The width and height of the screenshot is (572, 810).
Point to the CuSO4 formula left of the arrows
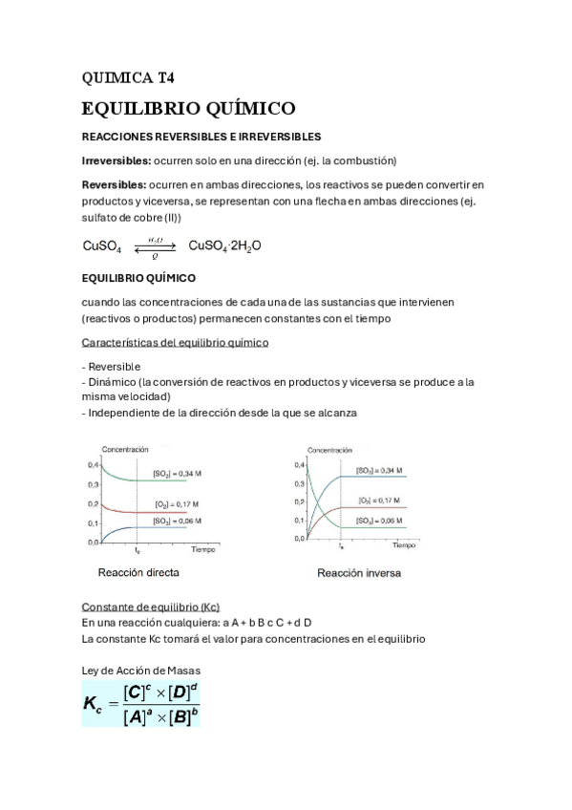point(102,246)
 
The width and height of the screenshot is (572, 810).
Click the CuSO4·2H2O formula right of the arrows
point(225,245)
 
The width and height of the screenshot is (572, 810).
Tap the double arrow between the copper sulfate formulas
point(155,246)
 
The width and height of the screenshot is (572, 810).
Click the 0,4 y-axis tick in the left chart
point(93,464)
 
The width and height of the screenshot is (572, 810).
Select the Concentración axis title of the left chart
point(124,448)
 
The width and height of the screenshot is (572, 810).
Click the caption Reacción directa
point(138,573)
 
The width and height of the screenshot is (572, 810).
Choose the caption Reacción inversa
point(358,574)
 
